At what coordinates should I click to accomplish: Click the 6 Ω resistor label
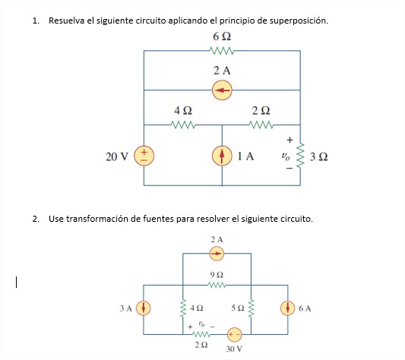coord(222,36)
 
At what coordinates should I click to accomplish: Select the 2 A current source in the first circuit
coord(222,90)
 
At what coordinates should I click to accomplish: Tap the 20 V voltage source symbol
coord(144,156)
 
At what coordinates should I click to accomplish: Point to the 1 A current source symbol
coord(222,156)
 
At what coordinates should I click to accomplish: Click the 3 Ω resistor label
coord(319,157)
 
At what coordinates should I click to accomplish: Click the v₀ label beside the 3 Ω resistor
coord(285,156)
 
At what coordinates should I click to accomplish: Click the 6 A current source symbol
coord(288,308)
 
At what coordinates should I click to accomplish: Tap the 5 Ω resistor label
coord(238,308)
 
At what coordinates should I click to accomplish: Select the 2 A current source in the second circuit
coord(217,253)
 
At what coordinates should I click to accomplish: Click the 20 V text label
coord(117,156)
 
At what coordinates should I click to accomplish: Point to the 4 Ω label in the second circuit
coord(198,308)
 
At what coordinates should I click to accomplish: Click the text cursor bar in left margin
coord(15,283)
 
